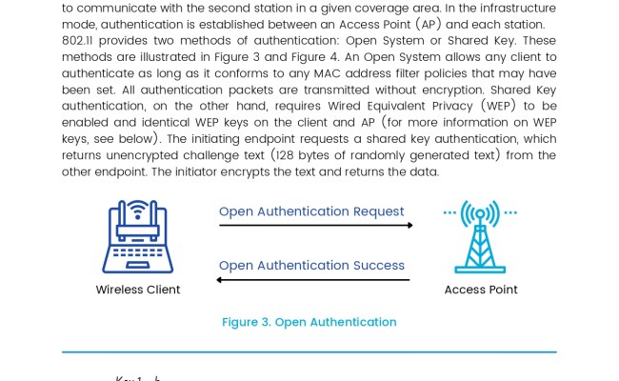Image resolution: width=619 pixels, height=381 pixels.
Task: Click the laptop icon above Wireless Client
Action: [x=138, y=237]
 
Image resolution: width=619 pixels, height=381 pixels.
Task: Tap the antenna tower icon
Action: [x=480, y=237]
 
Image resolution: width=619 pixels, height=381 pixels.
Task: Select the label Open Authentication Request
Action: [x=311, y=211]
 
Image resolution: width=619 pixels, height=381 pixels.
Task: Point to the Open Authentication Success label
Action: [x=311, y=266]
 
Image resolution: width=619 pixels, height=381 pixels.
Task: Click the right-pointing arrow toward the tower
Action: [x=316, y=226]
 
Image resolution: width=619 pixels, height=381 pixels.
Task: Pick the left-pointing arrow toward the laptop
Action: [x=313, y=280]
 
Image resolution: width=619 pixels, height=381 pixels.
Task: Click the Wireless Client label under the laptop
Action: [x=138, y=290]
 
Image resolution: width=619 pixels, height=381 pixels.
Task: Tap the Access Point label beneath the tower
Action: [x=481, y=290]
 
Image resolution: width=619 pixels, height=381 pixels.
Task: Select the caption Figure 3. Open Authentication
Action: [x=309, y=322]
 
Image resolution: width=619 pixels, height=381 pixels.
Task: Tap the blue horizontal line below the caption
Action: [x=309, y=352]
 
